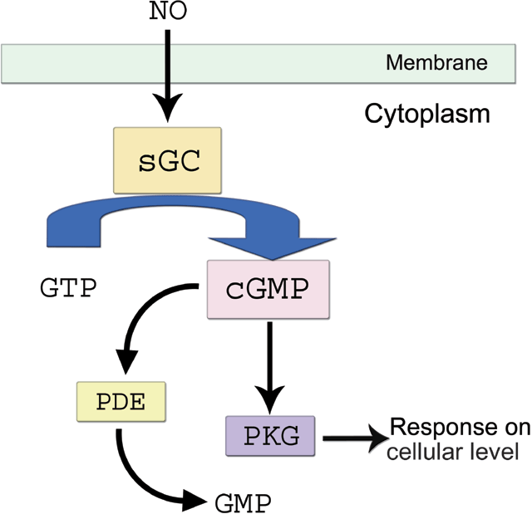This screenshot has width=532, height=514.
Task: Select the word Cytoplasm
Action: [x=427, y=113]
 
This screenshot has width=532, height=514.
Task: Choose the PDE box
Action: [x=121, y=404]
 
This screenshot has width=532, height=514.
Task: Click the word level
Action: [x=496, y=453]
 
